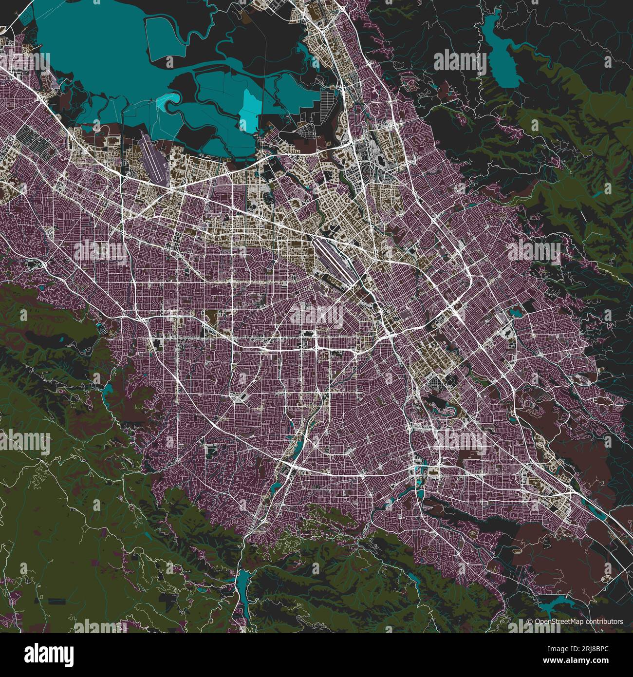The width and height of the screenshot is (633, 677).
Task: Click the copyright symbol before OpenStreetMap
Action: click(530, 621)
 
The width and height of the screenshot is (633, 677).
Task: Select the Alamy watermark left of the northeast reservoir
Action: click(459, 62)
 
